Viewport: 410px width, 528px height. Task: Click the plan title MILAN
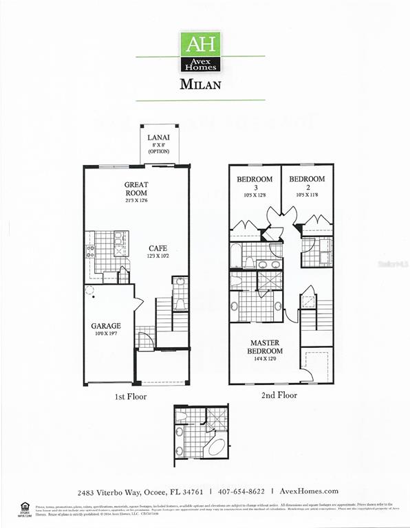(x=200, y=85)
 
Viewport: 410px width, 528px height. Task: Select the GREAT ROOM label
(x=137, y=189)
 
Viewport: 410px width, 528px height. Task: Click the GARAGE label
(x=106, y=326)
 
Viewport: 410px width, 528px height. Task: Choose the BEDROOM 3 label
(x=255, y=179)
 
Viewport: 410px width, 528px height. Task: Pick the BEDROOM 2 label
(x=306, y=179)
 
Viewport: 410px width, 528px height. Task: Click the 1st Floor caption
(x=131, y=397)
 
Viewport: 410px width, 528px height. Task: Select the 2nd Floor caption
(x=279, y=397)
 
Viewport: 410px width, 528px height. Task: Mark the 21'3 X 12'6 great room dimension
(x=137, y=200)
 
